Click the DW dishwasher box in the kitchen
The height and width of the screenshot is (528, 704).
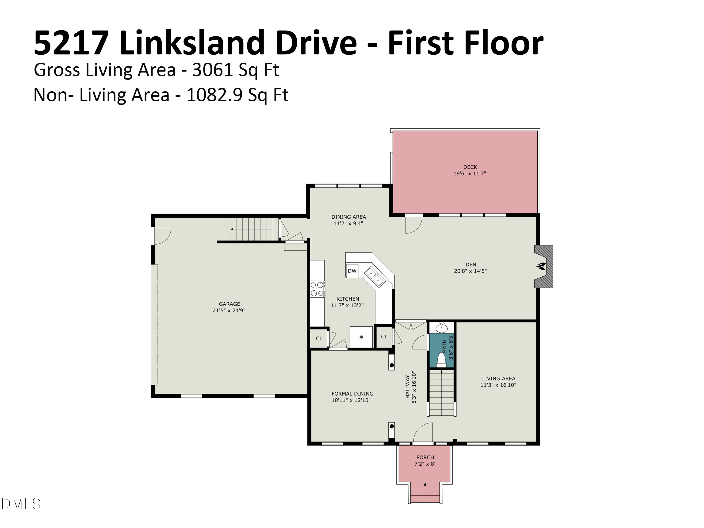pyautogui.click(x=352, y=271)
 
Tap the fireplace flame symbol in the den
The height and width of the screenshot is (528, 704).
pyautogui.click(x=541, y=266)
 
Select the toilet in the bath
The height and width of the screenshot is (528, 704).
pyautogui.click(x=441, y=360)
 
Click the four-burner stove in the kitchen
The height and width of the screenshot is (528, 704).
pyautogui.click(x=317, y=289)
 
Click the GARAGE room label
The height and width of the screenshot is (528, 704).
pyautogui.click(x=230, y=304)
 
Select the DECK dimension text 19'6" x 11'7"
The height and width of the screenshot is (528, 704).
pyautogui.click(x=470, y=173)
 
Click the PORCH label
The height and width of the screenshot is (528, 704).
pyautogui.click(x=425, y=457)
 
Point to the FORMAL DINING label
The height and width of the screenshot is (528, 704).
pyautogui.click(x=352, y=394)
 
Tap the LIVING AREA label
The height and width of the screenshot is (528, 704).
pyautogui.click(x=499, y=379)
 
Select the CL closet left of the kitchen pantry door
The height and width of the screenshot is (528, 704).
pyautogui.click(x=319, y=339)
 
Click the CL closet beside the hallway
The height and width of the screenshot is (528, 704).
pyautogui.click(x=384, y=337)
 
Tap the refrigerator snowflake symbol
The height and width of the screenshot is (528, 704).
pyautogui.click(x=361, y=337)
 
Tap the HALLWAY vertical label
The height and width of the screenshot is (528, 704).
pyautogui.click(x=407, y=387)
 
